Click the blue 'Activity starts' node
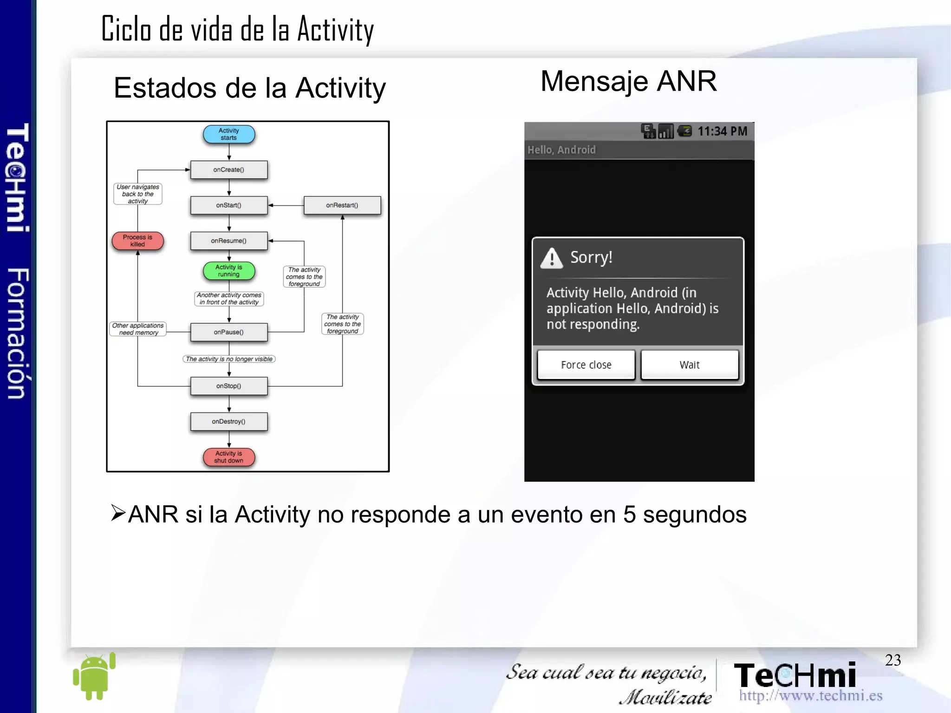pyautogui.click(x=229, y=134)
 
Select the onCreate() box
pyautogui.click(x=229, y=170)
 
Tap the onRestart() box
pyautogui.click(x=342, y=205)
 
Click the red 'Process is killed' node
pyautogui.click(x=137, y=241)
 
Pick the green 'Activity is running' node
pyautogui.click(x=229, y=271)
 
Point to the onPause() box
pyautogui.click(x=229, y=332)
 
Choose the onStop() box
pyautogui.click(x=229, y=386)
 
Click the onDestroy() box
pyautogui.click(x=229, y=422)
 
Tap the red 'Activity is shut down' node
pyautogui.click(x=229, y=457)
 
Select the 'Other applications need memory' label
pyautogui.click(x=138, y=329)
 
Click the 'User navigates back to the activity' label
pyautogui.click(x=138, y=194)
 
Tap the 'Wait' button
pyautogui.click(x=690, y=365)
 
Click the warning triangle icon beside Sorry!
pyautogui.click(x=552, y=258)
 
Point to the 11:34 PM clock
pyautogui.click(x=722, y=131)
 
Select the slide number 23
pyautogui.click(x=892, y=660)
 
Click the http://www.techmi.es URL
pyautogui.click(x=810, y=696)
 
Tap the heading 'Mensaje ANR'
pyautogui.click(x=629, y=81)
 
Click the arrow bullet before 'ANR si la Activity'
pyautogui.click(x=118, y=513)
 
